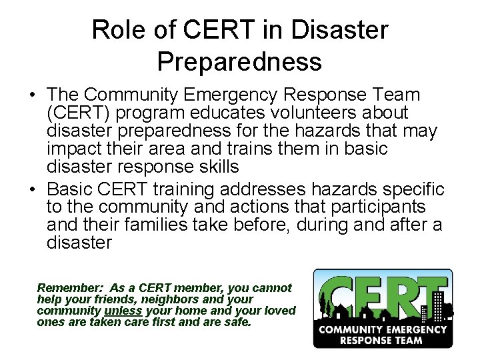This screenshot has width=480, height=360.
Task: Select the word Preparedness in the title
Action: tap(239, 61)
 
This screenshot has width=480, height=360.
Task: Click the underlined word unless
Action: tap(123, 311)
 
